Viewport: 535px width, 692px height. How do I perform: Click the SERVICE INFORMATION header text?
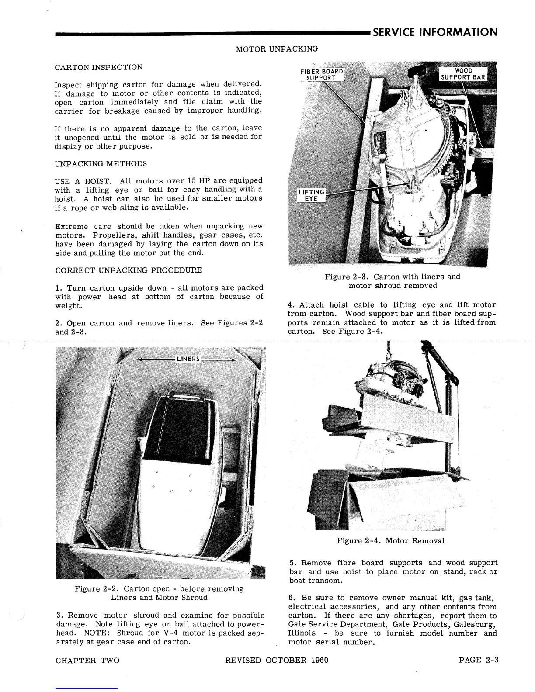point(435,32)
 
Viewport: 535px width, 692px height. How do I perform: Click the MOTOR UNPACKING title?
point(277,48)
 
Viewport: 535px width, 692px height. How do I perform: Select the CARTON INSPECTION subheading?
point(99,67)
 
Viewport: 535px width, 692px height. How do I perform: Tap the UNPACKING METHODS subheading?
point(101,164)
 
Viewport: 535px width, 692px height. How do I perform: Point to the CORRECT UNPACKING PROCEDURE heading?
point(129,270)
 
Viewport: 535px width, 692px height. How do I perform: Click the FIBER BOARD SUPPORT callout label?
point(321,75)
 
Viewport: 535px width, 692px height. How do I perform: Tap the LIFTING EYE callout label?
point(311,195)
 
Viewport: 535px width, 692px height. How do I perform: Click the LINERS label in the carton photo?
point(188,359)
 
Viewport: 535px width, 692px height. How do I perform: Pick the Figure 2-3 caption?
point(392,281)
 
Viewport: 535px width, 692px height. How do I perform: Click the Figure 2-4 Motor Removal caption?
point(391,541)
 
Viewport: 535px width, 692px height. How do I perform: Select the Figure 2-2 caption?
point(159,593)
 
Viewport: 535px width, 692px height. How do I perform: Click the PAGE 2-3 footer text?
point(479,660)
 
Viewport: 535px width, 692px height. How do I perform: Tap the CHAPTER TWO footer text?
point(87,660)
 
